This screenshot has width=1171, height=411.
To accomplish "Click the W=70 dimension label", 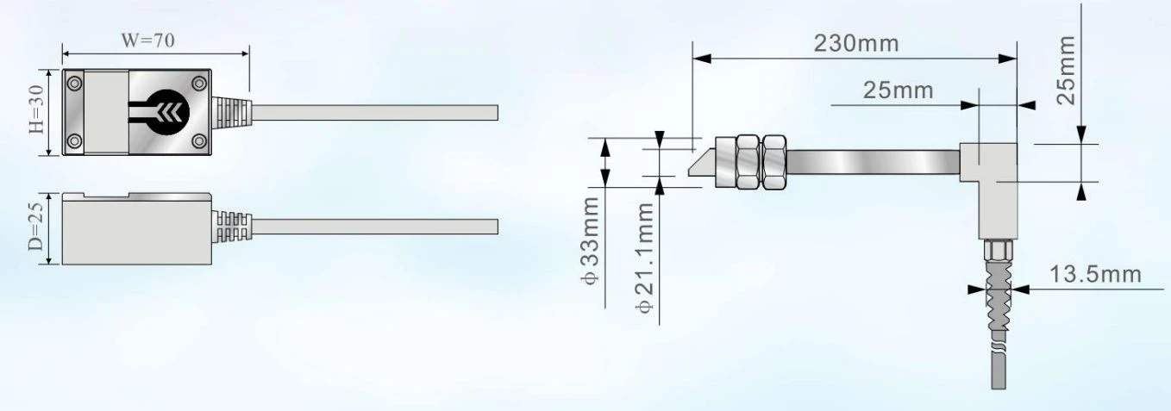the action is (148, 40).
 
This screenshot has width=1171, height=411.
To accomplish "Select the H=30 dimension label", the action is (36, 109).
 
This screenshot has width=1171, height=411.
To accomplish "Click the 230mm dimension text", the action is (855, 43).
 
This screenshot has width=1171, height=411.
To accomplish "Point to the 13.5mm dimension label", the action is (1095, 274).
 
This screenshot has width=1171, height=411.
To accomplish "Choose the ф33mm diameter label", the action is (590, 240).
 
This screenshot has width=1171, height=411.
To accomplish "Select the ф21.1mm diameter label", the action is (645, 258).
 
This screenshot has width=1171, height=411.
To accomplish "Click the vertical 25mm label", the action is (1066, 71).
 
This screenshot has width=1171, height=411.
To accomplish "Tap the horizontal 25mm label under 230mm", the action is (898, 90).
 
